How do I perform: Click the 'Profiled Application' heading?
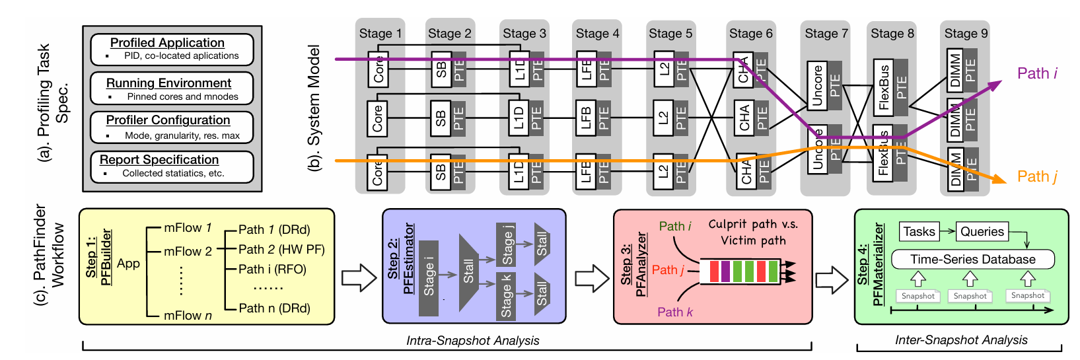click(x=167, y=43)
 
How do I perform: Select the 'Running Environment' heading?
click(x=168, y=83)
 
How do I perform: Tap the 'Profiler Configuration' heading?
click(x=168, y=120)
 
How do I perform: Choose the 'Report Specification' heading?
click(x=159, y=160)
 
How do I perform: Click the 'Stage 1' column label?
click(x=380, y=34)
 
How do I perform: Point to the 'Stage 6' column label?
click(x=750, y=34)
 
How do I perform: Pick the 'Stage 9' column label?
click(x=966, y=34)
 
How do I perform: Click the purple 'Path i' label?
click(x=1037, y=73)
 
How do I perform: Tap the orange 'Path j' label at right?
click(x=1037, y=176)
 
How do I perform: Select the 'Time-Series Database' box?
click(x=972, y=260)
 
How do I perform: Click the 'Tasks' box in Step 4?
click(x=919, y=232)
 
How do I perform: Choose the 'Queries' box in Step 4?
click(x=982, y=232)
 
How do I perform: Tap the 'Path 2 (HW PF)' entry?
click(x=281, y=250)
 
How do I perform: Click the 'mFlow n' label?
click(x=188, y=316)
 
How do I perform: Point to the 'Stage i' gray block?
click(x=429, y=277)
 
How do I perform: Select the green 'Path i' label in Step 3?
click(x=674, y=227)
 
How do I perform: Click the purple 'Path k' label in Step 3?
click(x=674, y=312)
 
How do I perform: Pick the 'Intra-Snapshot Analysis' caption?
click(x=472, y=341)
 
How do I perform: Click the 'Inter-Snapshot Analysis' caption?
click(x=961, y=340)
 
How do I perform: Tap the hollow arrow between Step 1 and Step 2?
click(x=359, y=277)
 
